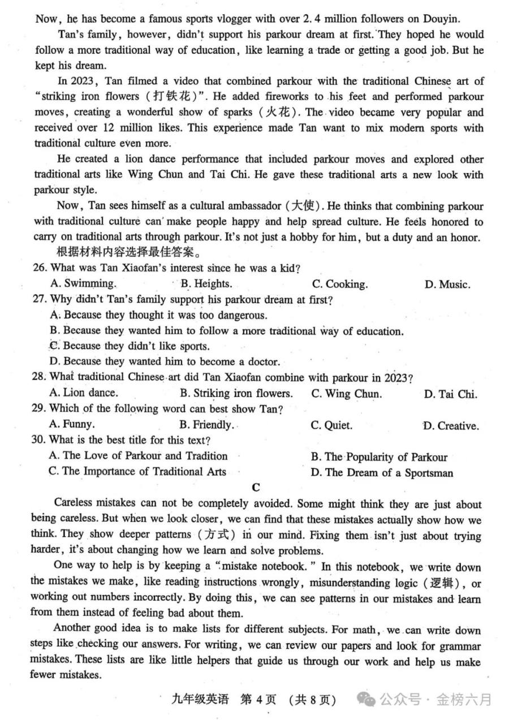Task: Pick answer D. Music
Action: (x=447, y=284)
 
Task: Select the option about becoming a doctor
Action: (x=165, y=361)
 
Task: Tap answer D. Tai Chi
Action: (x=450, y=394)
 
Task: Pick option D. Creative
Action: (x=450, y=425)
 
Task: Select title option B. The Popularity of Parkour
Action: (x=378, y=457)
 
